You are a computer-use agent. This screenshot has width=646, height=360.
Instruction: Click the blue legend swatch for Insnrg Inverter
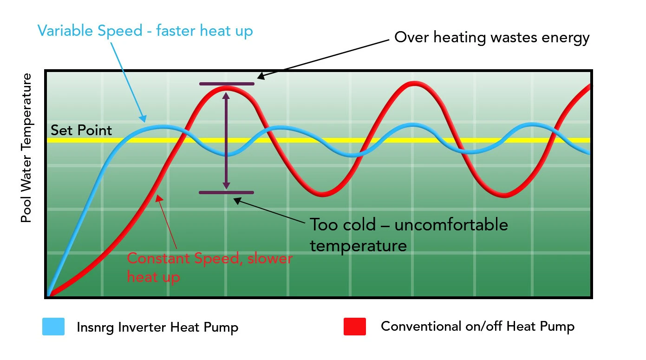(x=53, y=326)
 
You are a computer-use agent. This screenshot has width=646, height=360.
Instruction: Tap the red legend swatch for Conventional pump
(x=354, y=326)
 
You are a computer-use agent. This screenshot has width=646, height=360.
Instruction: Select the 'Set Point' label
(x=81, y=131)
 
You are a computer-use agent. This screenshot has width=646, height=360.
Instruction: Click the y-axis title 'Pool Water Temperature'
(x=26, y=148)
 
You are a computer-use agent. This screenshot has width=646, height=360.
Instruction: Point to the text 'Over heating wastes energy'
(x=492, y=38)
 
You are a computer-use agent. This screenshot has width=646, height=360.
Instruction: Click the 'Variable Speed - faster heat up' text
(x=145, y=31)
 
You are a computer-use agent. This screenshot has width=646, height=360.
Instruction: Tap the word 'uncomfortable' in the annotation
(x=451, y=225)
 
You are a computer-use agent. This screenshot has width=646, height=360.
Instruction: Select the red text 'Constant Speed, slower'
(x=209, y=258)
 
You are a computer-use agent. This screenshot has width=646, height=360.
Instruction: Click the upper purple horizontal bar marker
(x=227, y=84)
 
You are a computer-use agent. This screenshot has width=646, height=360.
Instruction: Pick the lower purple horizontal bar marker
(x=227, y=192)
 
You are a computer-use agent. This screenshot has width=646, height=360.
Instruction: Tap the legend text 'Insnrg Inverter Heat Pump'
(x=157, y=327)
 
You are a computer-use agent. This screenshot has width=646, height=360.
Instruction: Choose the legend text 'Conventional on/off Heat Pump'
(x=477, y=326)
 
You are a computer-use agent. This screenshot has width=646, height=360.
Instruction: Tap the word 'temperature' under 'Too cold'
(x=358, y=245)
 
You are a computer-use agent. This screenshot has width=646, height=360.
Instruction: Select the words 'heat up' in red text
(x=153, y=277)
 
